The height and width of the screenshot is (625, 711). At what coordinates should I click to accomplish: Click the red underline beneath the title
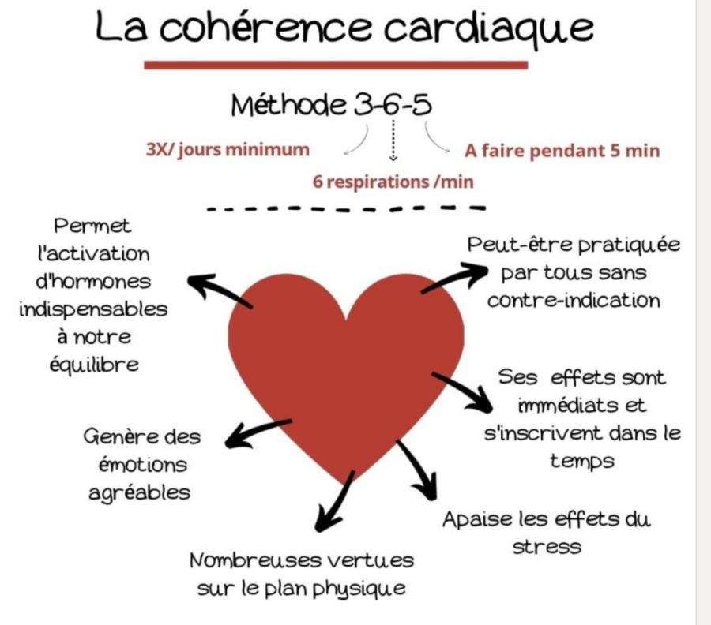[x=335, y=65]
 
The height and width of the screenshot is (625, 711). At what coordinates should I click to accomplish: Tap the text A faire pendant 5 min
[x=562, y=150]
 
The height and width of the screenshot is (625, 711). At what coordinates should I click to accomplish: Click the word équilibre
[x=100, y=365]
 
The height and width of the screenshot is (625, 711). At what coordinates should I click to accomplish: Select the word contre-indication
[x=573, y=301]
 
